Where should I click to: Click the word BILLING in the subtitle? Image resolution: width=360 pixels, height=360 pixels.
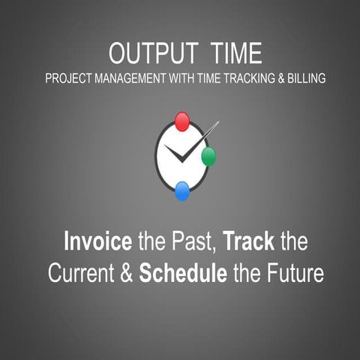click(306, 78)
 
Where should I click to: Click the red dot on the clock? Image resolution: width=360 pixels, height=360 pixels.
click(182, 121)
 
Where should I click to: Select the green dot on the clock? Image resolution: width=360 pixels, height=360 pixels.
click(208, 156)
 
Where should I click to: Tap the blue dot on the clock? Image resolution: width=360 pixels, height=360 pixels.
click(182, 191)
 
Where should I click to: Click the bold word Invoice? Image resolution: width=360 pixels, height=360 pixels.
click(97, 243)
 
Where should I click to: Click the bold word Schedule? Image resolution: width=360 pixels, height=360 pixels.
click(183, 274)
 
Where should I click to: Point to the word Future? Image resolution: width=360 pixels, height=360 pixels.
click(293, 274)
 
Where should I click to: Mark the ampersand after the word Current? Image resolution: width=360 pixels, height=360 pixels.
click(125, 274)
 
